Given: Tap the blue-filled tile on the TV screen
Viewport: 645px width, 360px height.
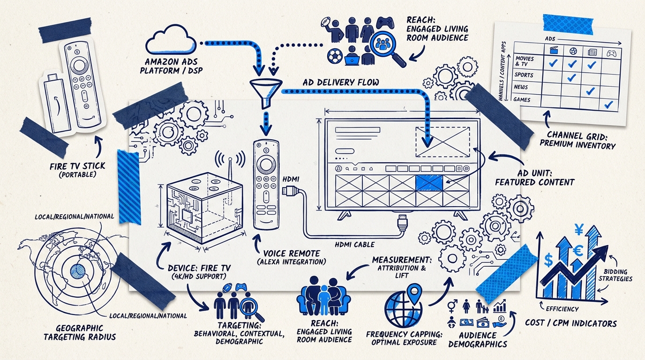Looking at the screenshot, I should point(429,182).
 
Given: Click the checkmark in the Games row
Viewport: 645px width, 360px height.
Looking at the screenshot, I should point(609,105).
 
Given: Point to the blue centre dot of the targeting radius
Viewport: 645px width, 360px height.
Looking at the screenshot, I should point(77,270).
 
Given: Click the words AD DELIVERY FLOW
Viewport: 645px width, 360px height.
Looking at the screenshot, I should point(341,82).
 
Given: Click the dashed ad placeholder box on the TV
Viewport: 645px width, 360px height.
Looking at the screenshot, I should point(442,141).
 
